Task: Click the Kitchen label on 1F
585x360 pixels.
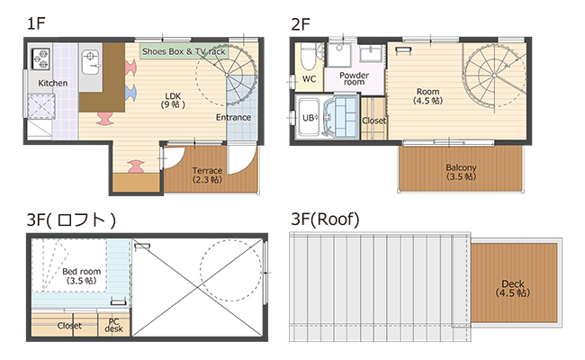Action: [x=52, y=83]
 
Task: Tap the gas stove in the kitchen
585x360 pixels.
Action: [x=40, y=58]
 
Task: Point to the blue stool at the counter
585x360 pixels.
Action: [x=130, y=93]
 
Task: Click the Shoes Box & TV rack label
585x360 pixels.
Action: [x=184, y=51]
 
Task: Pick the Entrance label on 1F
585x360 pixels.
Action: [x=233, y=118]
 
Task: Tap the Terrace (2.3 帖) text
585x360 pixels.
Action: [x=207, y=175]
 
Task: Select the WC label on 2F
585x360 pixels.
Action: [x=309, y=79]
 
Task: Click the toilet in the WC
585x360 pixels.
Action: [x=308, y=57]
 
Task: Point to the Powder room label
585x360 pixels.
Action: [x=354, y=78]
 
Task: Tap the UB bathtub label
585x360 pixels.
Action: [x=310, y=118]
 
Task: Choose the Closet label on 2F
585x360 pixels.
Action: [x=373, y=121]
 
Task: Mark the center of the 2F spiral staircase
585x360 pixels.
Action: [x=494, y=76]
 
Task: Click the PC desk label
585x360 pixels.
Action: [x=113, y=325]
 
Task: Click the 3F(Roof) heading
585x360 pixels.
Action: [x=325, y=220]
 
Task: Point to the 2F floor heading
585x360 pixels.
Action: [x=301, y=24]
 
